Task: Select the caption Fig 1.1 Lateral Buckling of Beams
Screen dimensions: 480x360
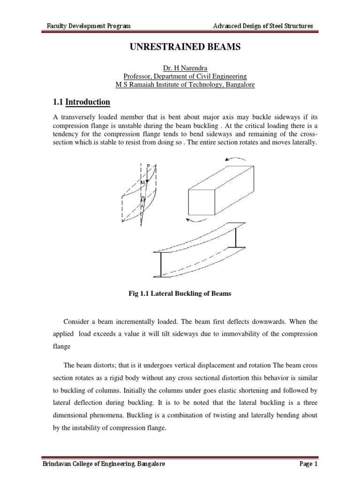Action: [177, 293]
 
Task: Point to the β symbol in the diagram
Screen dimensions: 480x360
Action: [143, 199]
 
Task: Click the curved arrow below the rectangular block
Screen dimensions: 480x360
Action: [193, 220]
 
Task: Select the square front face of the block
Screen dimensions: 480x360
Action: [203, 202]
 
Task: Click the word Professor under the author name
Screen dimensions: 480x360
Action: [139, 76]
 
